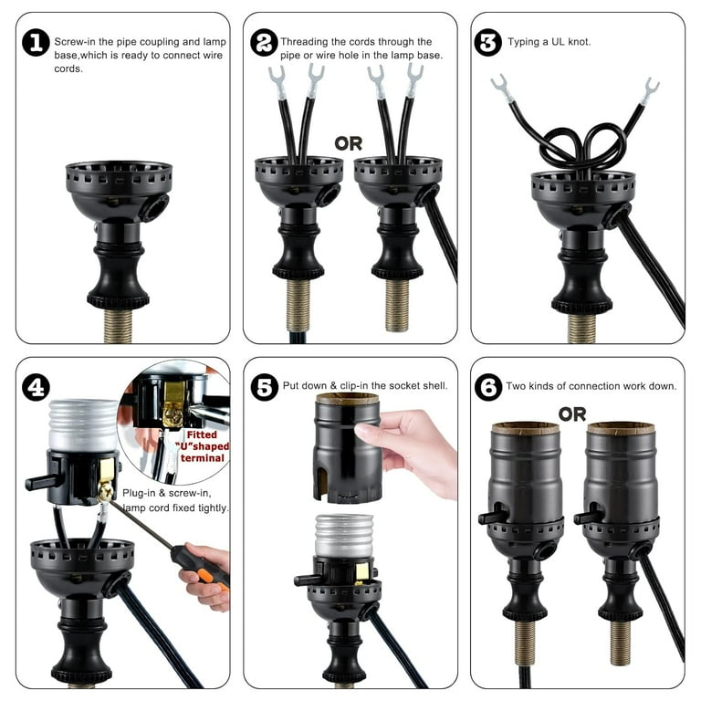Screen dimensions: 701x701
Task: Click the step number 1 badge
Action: tap(36, 43)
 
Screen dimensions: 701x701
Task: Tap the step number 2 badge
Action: tap(264, 43)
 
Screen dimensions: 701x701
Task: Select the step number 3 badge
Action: tap(487, 43)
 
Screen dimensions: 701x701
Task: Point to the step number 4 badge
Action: tap(36, 387)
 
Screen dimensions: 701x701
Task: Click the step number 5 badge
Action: tap(264, 387)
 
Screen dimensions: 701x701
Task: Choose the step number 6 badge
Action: tap(487, 387)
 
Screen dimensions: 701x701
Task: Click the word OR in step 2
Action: tap(349, 143)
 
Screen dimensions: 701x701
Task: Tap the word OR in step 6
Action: tap(572, 414)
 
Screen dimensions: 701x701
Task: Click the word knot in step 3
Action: tap(579, 42)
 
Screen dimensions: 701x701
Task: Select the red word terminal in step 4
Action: tap(202, 458)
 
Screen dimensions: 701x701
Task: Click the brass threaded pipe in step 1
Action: tap(118, 326)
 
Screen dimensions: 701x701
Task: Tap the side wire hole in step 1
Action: tap(154, 207)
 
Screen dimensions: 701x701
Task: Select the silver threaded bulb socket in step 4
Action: tap(83, 425)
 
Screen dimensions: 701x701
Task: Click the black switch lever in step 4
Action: tap(41, 482)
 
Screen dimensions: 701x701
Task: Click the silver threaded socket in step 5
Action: tap(343, 536)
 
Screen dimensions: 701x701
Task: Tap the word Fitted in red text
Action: tap(202, 434)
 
